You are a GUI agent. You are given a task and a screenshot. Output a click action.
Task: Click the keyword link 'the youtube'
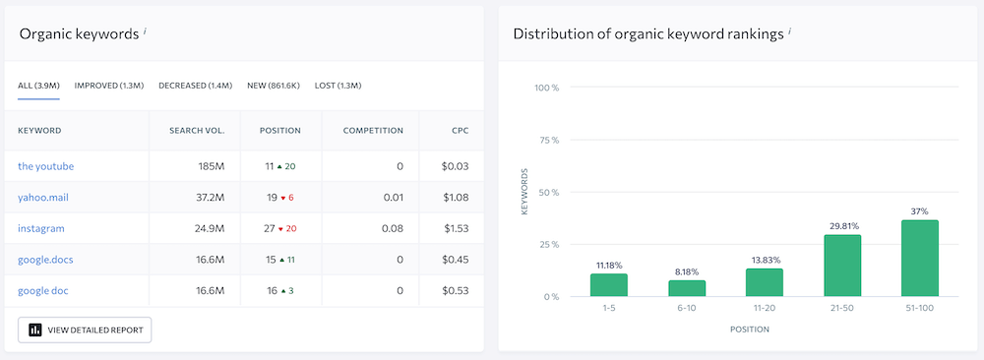tap(45, 166)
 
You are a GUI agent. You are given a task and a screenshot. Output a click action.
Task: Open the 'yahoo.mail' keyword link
tap(43, 198)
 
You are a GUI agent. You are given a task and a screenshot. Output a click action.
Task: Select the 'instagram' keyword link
tap(41, 228)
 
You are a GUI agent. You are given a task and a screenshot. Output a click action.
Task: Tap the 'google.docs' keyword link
tap(45, 260)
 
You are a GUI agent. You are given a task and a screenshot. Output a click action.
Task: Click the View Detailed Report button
tap(85, 330)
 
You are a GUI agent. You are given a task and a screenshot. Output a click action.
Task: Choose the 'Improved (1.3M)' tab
tap(110, 86)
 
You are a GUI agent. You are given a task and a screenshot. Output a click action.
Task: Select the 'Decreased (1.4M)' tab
tap(195, 86)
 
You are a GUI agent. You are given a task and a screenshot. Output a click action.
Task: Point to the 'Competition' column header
tap(373, 131)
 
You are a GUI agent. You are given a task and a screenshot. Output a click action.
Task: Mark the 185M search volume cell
tap(212, 166)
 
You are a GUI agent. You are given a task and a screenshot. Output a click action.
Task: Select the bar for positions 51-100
tap(920, 258)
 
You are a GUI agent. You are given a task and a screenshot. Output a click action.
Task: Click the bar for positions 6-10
tap(687, 288)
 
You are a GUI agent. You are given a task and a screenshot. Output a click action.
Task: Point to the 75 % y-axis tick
tap(548, 141)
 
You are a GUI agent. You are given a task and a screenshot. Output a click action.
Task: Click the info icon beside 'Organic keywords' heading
tap(145, 31)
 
